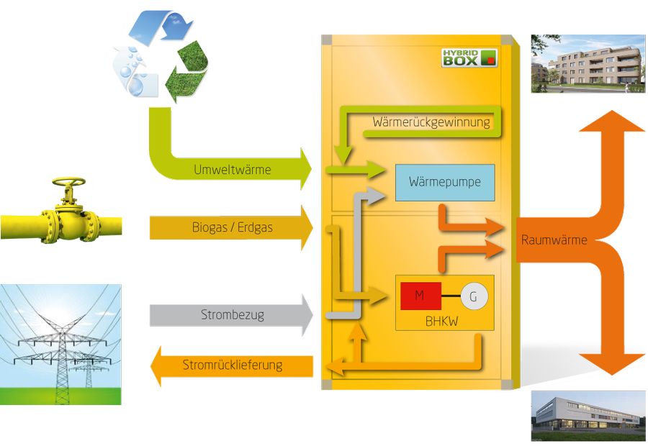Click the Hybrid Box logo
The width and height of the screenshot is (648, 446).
click(x=469, y=57)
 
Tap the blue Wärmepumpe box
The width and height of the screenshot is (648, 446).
click(x=445, y=183)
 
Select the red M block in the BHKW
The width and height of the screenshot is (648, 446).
click(x=420, y=296)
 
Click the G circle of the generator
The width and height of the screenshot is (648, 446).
click(x=474, y=296)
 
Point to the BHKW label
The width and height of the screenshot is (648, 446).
click(x=444, y=321)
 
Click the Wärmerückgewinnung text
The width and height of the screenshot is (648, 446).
click(x=431, y=122)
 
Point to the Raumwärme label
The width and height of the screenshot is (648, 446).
click(x=554, y=240)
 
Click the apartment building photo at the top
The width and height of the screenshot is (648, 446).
click(x=588, y=63)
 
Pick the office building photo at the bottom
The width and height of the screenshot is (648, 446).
click(x=588, y=415)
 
